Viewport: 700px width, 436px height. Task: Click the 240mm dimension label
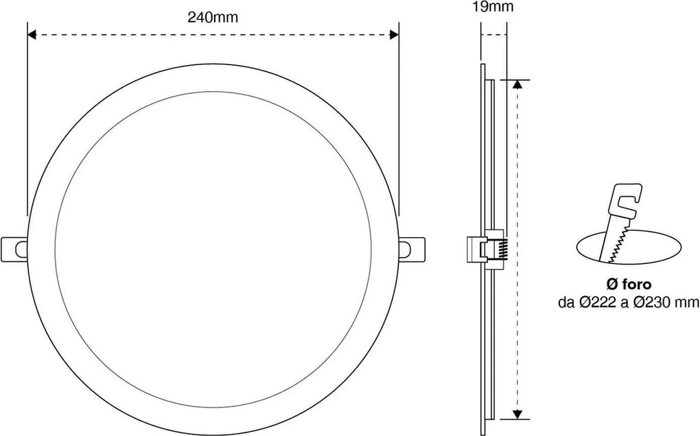(x=213, y=19)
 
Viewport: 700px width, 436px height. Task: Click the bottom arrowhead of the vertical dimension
(x=519, y=413)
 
